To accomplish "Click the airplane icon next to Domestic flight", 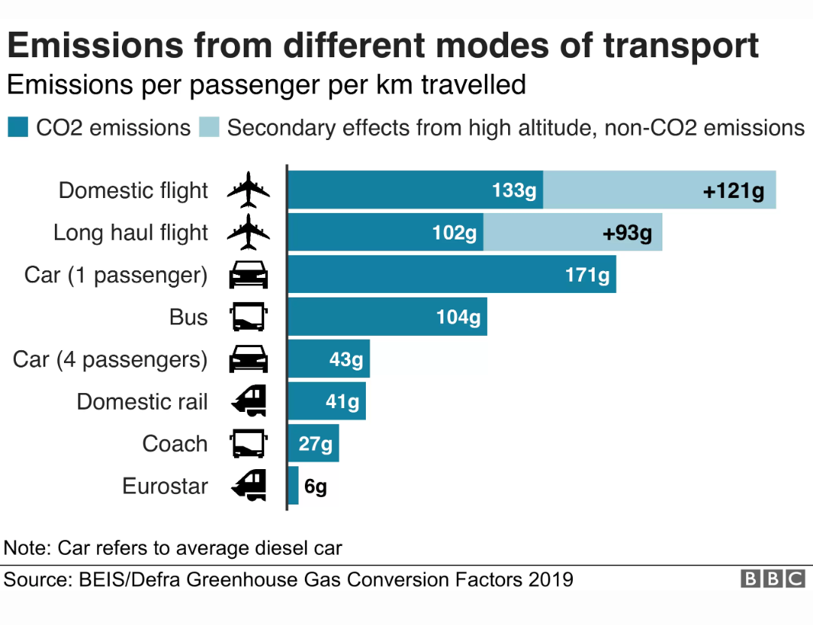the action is pyautogui.click(x=248, y=190).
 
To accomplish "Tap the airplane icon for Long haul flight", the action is pyautogui.click(x=248, y=232).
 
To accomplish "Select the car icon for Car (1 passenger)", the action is pyautogui.click(x=248, y=274).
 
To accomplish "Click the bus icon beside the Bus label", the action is pyautogui.click(x=248, y=316).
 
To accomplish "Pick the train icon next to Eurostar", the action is pyautogui.click(x=249, y=486).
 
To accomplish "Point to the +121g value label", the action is pyautogui.click(x=733, y=191).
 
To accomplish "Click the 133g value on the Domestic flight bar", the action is pyautogui.click(x=514, y=191).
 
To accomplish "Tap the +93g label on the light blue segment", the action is pyautogui.click(x=627, y=233).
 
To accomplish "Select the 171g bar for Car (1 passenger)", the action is pyautogui.click(x=452, y=274).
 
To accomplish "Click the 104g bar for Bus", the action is pyautogui.click(x=388, y=316).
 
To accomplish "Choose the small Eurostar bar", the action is pyautogui.click(x=294, y=486).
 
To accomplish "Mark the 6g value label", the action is pyautogui.click(x=315, y=486).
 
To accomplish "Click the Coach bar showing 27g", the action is pyautogui.click(x=314, y=443).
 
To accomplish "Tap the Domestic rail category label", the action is pyautogui.click(x=142, y=401).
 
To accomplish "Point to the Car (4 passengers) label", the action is pyautogui.click(x=110, y=359).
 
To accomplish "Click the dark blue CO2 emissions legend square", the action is pyautogui.click(x=18, y=127).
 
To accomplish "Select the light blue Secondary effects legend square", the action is pyautogui.click(x=209, y=127).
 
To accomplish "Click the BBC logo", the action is pyautogui.click(x=772, y=578).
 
